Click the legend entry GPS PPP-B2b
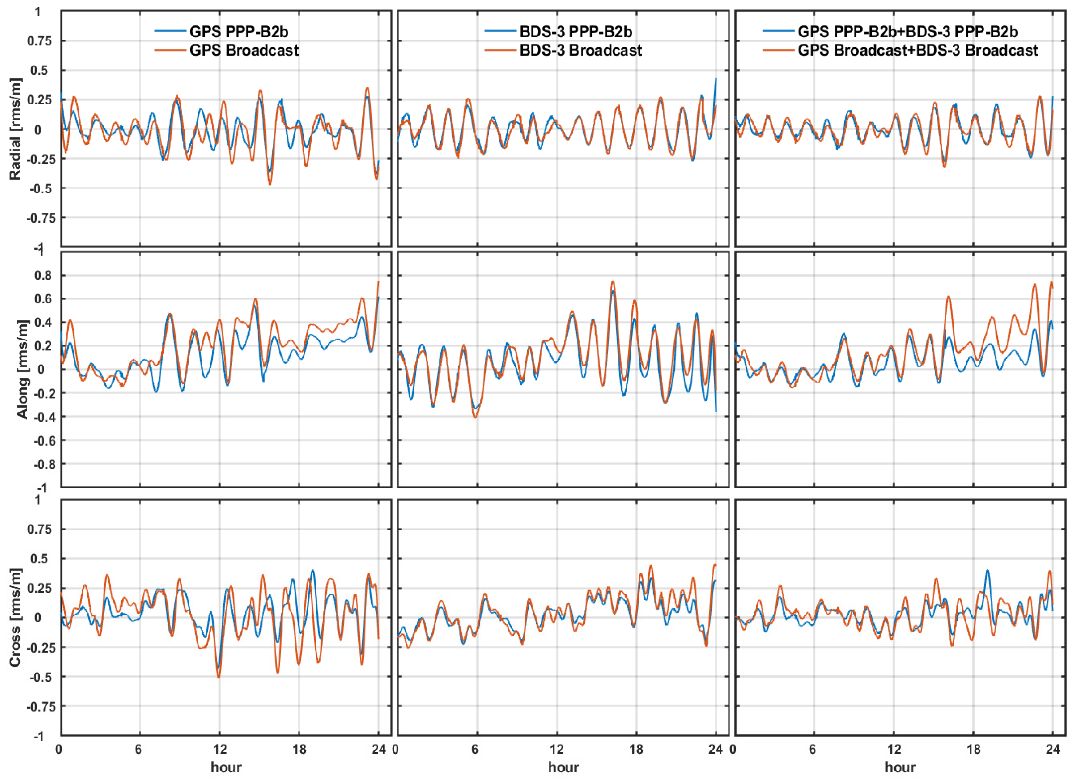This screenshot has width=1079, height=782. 239,32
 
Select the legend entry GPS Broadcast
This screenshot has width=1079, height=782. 244,50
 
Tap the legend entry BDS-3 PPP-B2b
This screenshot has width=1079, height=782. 576,32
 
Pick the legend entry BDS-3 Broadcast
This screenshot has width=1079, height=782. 580,50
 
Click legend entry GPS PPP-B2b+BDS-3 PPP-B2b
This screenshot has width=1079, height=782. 908,32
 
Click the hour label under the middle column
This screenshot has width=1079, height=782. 563,767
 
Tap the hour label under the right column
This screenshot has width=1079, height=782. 900,767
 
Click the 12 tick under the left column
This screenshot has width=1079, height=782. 219,750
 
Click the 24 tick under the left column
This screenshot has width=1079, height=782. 379,750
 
